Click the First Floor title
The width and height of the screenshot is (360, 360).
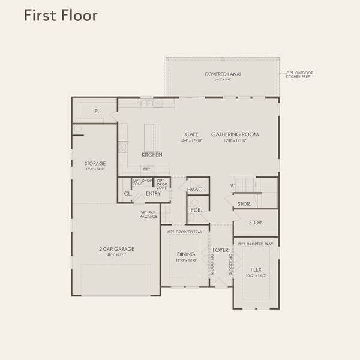(x=60, y=16)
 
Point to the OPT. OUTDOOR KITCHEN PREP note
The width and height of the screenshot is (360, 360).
(x=300, y=75)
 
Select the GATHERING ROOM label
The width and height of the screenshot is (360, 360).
(x=235, y=134)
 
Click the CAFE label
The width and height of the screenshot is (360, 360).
(x=192, y=134)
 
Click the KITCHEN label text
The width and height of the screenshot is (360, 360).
(x=152, y=155)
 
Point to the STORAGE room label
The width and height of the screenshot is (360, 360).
(x=95, y=163)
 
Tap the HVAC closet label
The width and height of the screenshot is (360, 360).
(x=196, y=190)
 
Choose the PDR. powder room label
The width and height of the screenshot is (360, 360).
(x=196, y=210)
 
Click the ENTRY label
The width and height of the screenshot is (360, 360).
(x=153, y=193)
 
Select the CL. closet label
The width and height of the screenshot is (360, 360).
(x=127, y=193)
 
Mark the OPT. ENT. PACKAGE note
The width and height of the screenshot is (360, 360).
(x=148, y=214)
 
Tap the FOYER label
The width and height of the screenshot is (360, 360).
(x=220, y=249)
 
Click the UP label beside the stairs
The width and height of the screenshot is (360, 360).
(x=233, y=185)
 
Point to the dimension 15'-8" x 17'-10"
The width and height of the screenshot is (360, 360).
(x=235, y=140)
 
